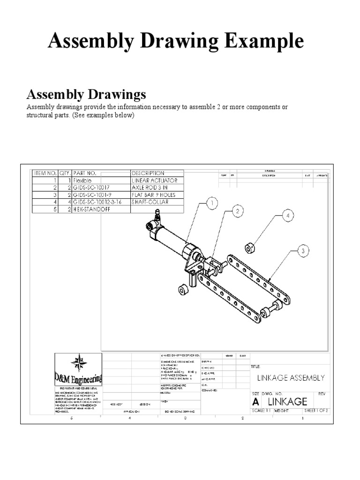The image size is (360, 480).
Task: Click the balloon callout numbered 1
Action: click(x=212, y=203)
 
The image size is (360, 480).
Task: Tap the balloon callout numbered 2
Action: click(x=238, y=211)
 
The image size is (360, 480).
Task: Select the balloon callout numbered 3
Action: click(x=303, y=251)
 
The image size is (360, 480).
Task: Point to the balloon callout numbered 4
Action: click(x=288, y=216)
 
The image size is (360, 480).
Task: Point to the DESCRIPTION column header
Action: click(x=148, y=173)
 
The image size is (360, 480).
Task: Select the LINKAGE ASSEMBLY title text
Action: click(x=291, y=378)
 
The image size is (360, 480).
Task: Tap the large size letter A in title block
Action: click(x=255, y=402)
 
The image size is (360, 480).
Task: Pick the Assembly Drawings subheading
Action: click(x=86, y=95)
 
